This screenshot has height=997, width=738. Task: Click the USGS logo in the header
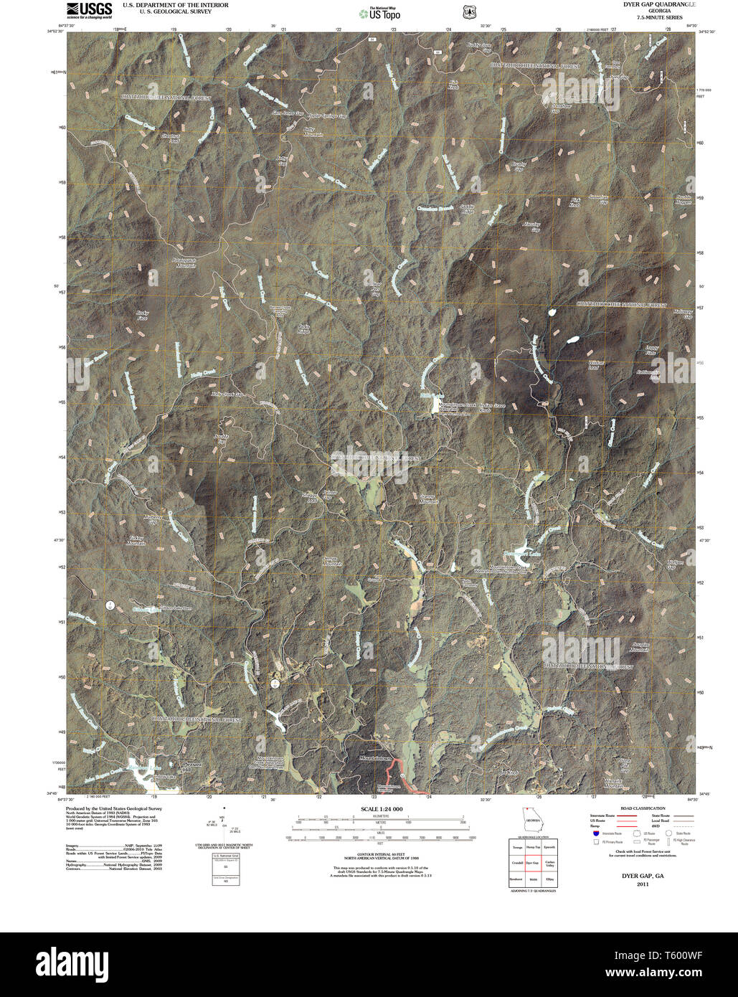tap(89, 9)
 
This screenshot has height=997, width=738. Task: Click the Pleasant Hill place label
tap(194, 766)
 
